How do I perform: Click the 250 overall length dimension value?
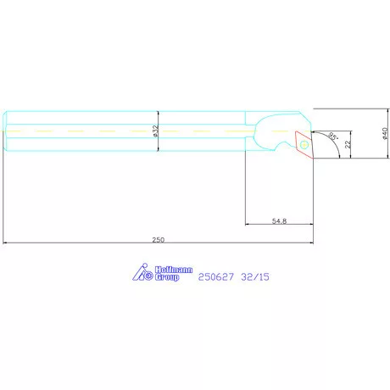tap(159, 240)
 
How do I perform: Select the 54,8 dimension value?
tap(279, 221)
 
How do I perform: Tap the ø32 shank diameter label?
tap(155, 131)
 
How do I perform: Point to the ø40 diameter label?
tap(385, 133)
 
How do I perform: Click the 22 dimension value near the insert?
tap(348, 144)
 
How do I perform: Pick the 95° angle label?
tap(333, 136)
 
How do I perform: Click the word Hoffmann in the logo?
tap(174, 270)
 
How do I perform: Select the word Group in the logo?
tap(167, 277)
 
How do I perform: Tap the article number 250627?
tap(216, 277)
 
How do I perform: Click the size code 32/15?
tap(255, 277)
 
